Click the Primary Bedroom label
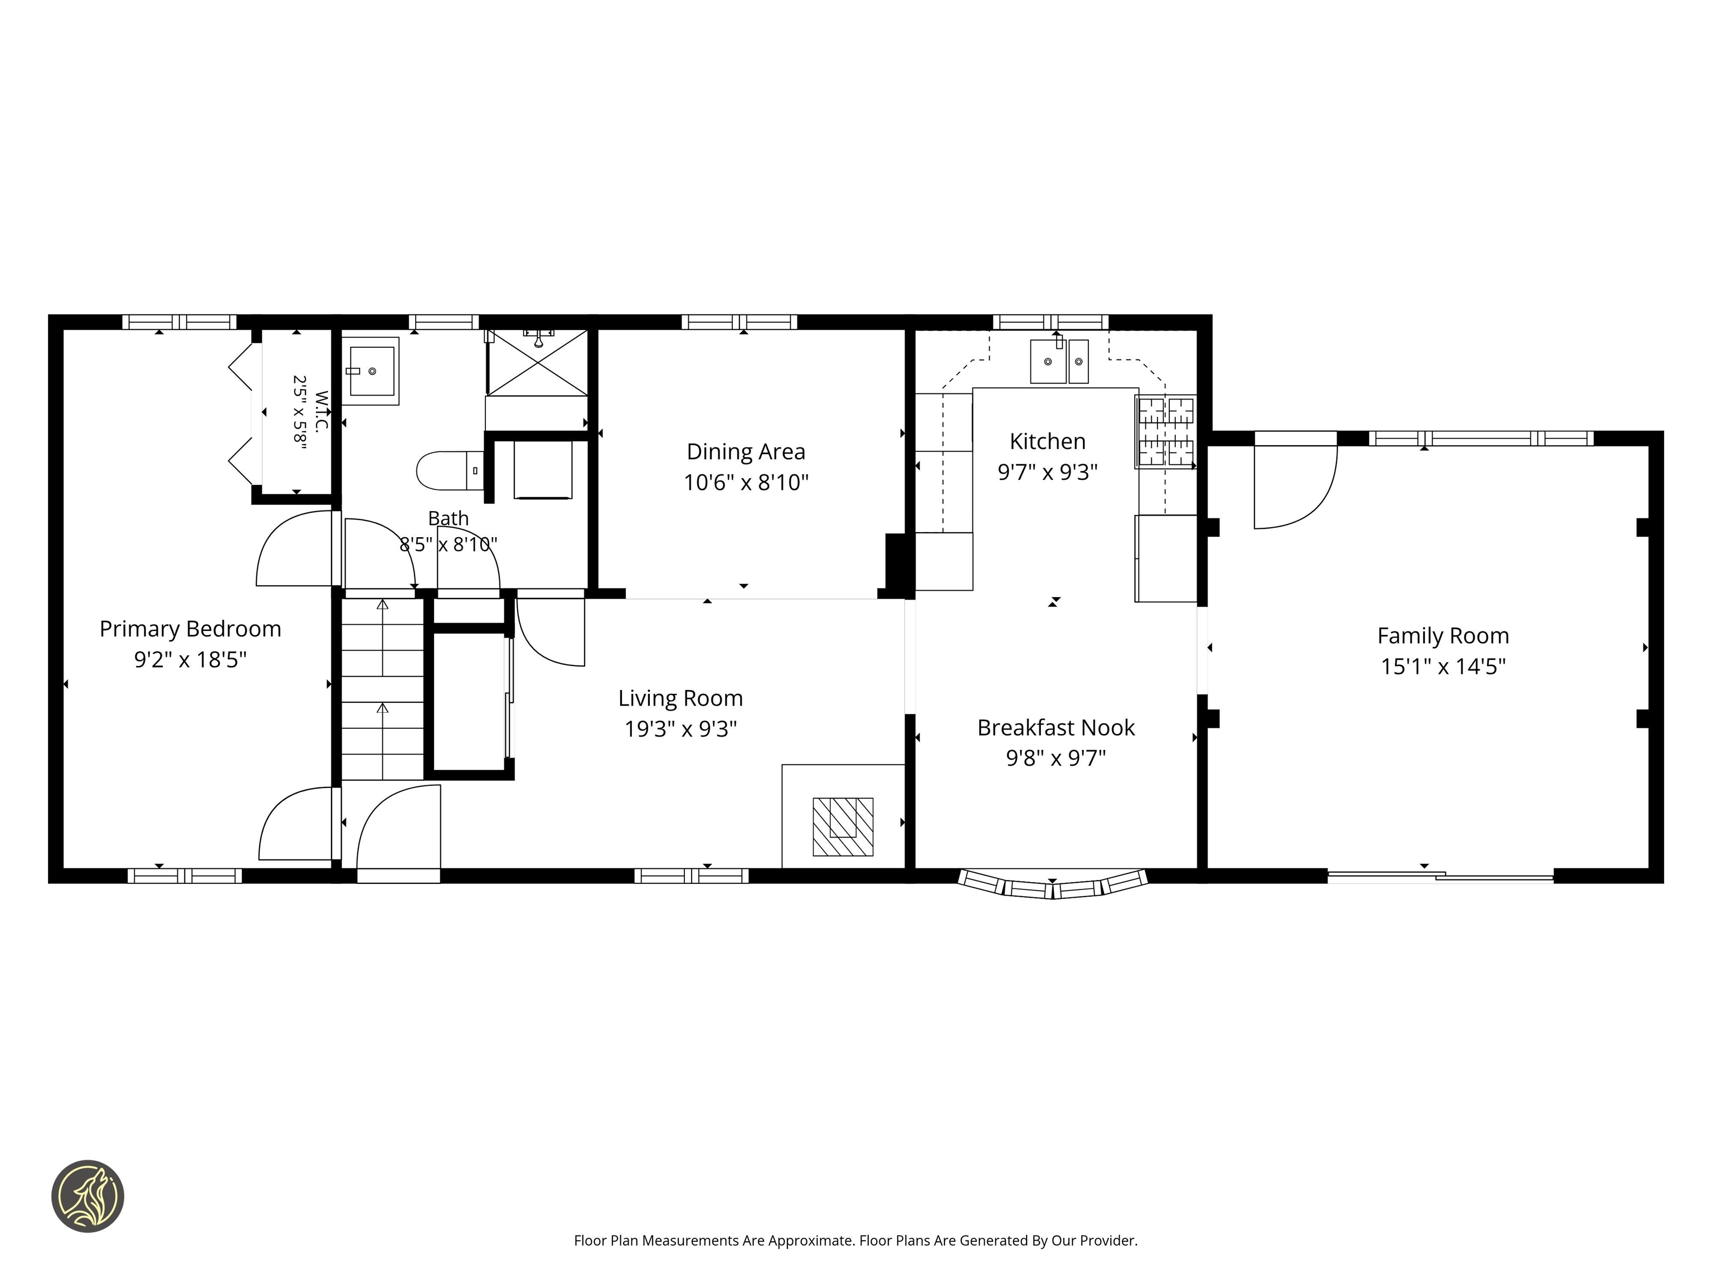[191, 629]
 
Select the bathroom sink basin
[371, 372]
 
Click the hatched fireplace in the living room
[843, 826]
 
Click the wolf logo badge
[87, 1196]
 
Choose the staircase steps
[382, 689]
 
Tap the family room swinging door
[1296, 480]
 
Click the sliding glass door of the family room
[1441, 877]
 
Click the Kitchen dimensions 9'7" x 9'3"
[1048, 471]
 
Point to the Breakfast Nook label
[1056, 727]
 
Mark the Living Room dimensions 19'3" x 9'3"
[681, 729]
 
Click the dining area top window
[739, 322]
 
